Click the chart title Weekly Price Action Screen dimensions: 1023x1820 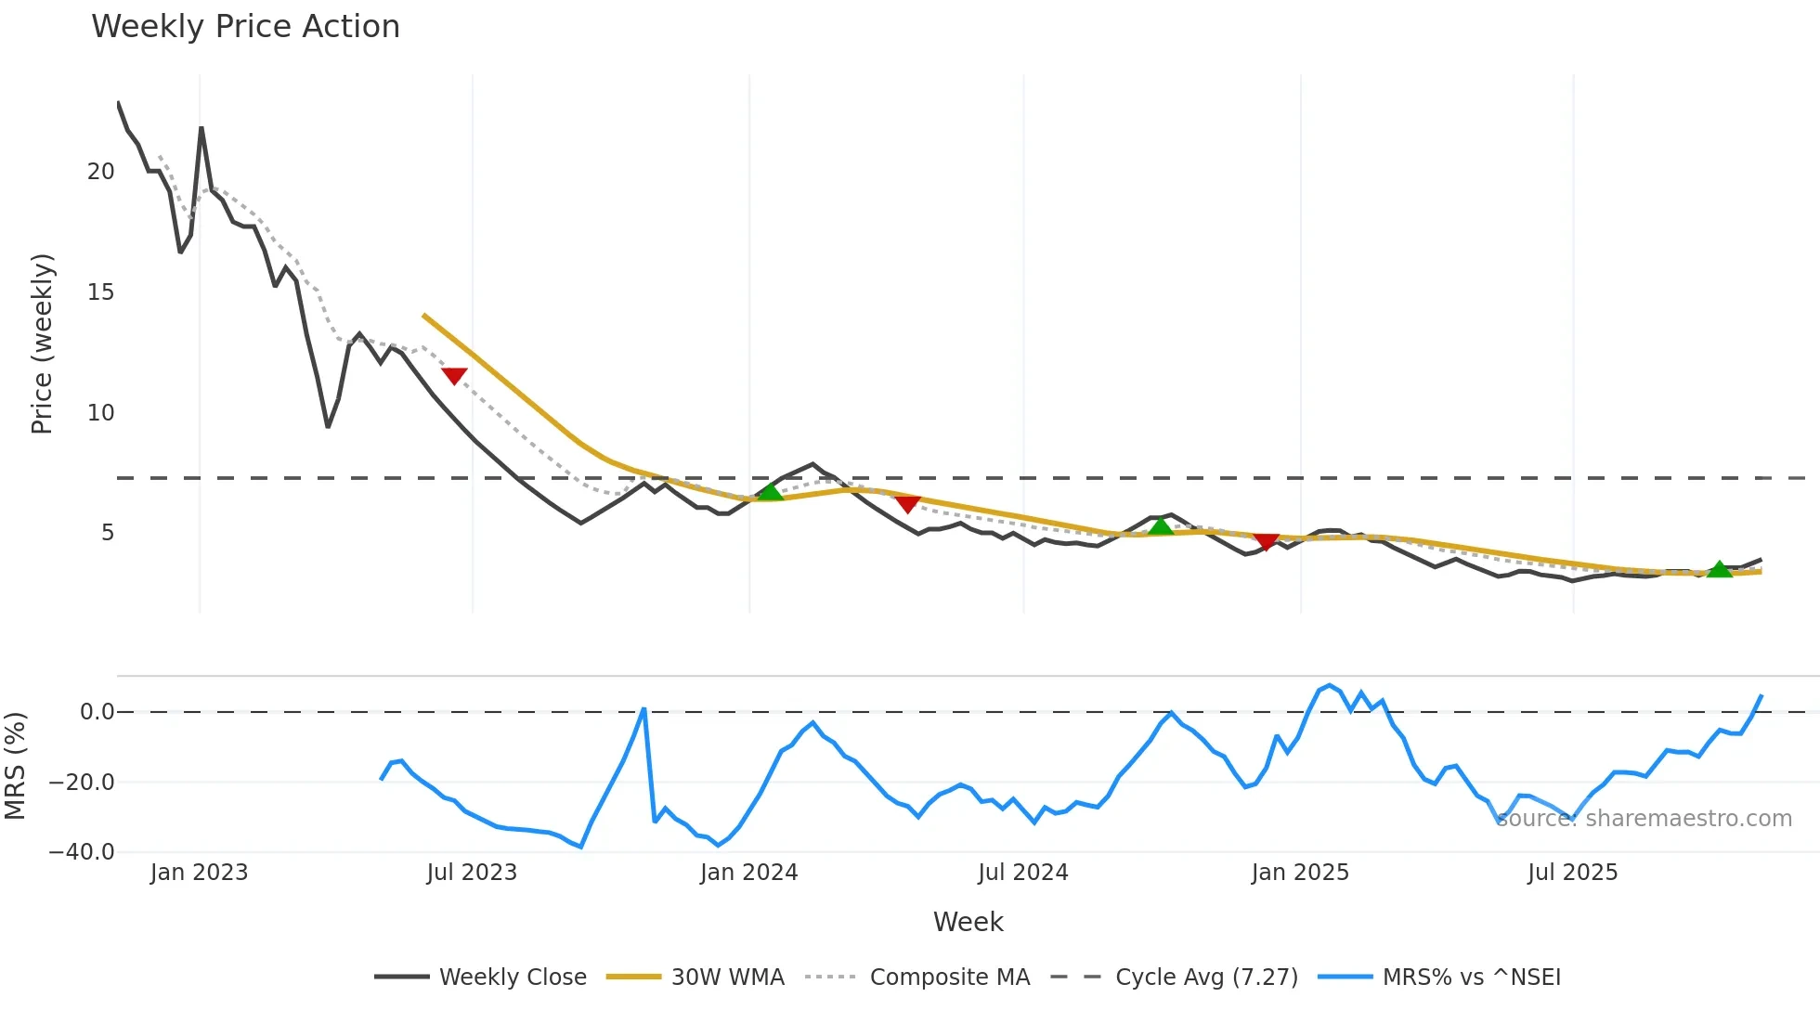245,27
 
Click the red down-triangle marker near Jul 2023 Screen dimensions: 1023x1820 454,375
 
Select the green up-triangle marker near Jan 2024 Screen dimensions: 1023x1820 771,491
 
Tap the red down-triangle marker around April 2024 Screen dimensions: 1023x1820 908,503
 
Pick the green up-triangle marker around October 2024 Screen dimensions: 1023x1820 1161,526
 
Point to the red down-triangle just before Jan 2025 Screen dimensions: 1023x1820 1267,541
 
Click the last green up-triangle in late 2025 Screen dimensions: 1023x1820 1720,569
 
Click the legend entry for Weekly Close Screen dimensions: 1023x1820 512,978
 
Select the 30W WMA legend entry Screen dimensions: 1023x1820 727,978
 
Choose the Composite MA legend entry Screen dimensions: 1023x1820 949,978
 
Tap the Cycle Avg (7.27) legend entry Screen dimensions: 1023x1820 1205,978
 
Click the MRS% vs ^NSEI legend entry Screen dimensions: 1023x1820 1471,978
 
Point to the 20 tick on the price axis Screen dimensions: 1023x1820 100,172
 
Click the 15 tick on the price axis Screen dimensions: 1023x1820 100,292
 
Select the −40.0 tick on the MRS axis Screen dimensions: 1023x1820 82,852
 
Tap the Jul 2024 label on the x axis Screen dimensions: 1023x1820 1022,873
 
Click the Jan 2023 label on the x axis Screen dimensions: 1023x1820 199,873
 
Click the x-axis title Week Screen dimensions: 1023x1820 968,922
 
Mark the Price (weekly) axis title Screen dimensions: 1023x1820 42,343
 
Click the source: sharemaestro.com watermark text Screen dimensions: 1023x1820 1644,819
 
